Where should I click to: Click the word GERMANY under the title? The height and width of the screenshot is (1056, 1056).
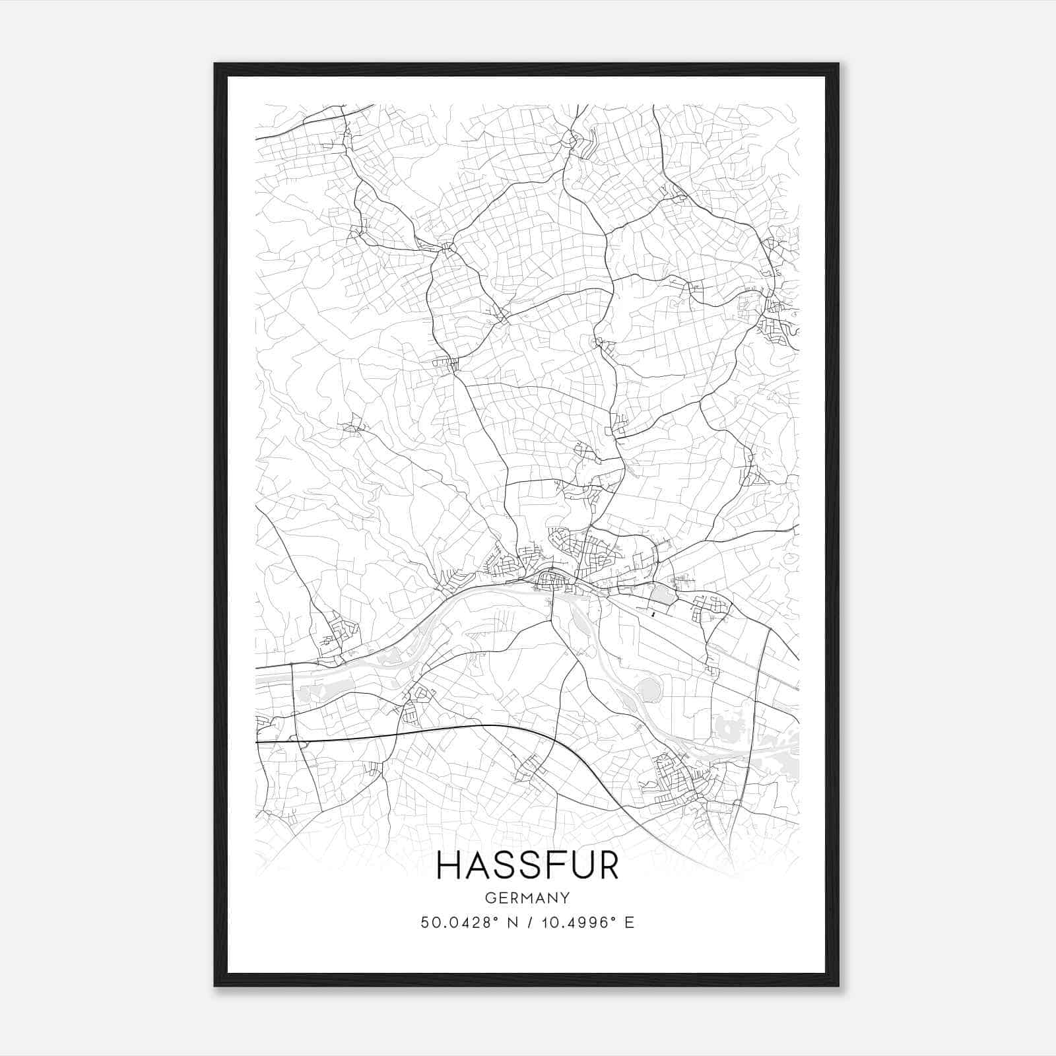click(x=527, y=898)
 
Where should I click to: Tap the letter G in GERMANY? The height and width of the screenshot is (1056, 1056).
click(x=489, y=898)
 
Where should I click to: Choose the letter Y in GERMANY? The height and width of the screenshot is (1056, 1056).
click(x=566, y=898)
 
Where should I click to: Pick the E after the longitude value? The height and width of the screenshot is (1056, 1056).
click(x=629, y=923)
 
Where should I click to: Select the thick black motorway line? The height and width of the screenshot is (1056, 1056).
click(x=462, y=727)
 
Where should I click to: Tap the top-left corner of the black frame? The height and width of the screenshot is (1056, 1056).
click(x=215, y=64)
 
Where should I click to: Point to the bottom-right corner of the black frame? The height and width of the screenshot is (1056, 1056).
click(x=838, y=985)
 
